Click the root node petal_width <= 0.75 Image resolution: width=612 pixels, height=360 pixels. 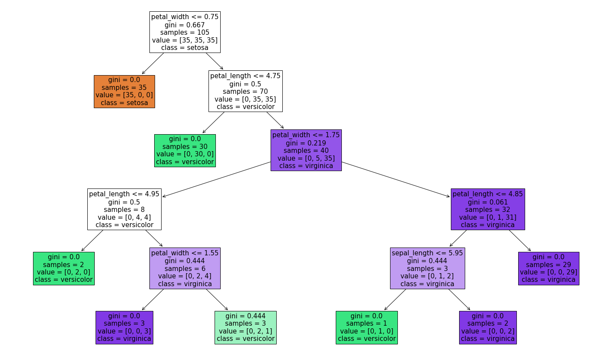185,32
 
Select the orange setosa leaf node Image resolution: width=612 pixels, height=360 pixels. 124,91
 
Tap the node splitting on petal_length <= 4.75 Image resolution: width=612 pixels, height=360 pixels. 245,91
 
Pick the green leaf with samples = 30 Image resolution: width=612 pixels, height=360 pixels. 185,150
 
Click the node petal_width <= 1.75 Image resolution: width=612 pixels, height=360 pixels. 306,150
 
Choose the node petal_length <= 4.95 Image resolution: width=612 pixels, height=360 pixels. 124,209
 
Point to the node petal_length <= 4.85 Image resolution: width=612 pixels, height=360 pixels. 488,209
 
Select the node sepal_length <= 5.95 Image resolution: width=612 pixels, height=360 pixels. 427,268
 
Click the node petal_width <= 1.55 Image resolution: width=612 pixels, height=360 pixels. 185,268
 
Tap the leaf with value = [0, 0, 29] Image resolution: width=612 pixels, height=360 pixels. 549,268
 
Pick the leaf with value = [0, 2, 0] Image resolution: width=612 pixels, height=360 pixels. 63,268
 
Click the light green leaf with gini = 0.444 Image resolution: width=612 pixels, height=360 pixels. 245,327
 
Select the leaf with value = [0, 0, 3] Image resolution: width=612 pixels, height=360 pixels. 124,327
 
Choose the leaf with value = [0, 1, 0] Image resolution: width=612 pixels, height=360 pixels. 367,327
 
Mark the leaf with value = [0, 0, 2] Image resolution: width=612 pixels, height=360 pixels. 488,327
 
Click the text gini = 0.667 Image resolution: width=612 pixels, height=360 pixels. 185,25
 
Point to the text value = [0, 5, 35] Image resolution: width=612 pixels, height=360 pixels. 306,158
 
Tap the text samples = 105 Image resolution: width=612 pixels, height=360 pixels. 185,33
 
